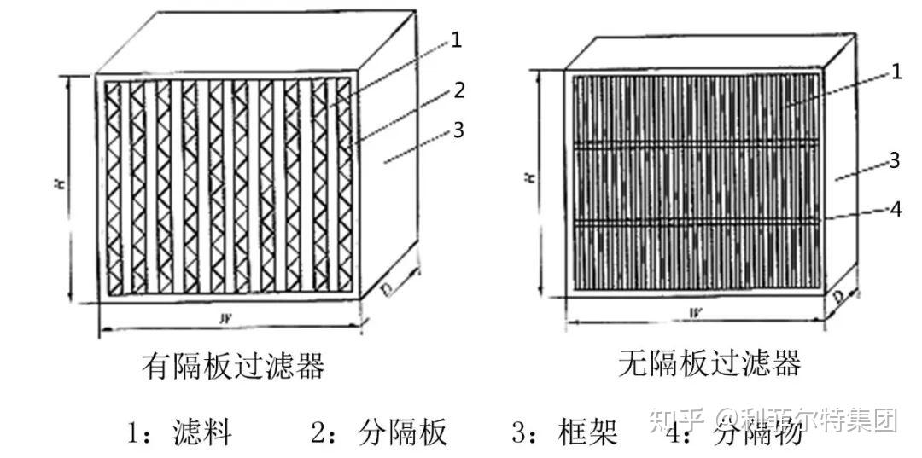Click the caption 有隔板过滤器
coord(233,367)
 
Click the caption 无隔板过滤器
coord(709,364)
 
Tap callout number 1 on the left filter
coord(456,40)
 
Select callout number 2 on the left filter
coord(458,90)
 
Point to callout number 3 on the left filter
coord(458,130)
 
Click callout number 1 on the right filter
coord(896,72)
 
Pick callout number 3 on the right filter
coord(895,160)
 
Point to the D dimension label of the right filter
coord(841,298)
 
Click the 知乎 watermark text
coord(675,420)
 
